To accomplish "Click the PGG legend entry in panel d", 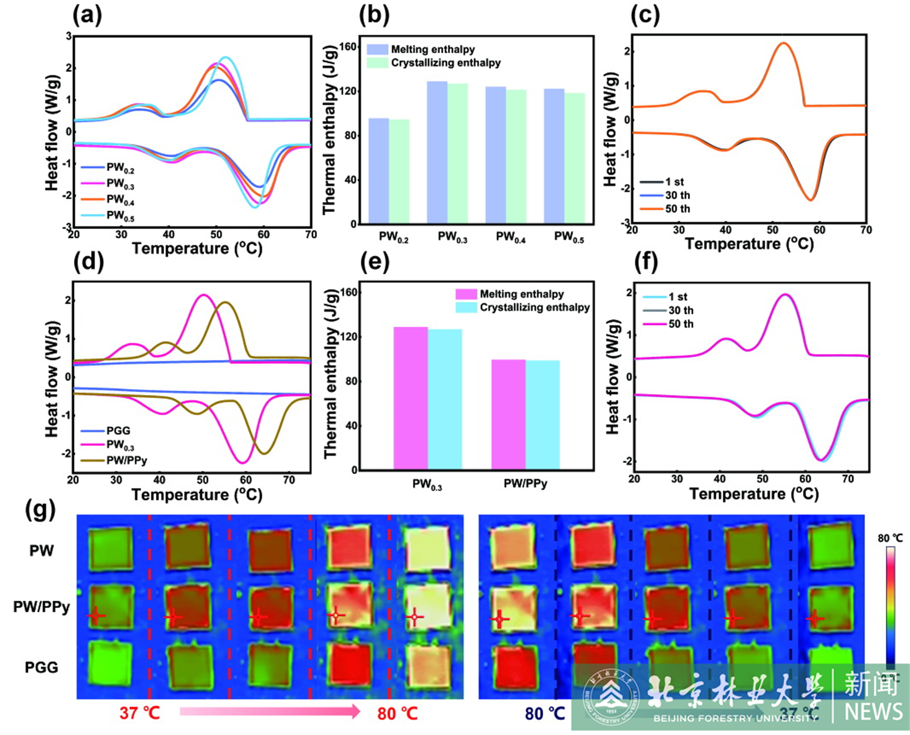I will (x=118, y=430).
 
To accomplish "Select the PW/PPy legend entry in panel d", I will (x=126, y=460).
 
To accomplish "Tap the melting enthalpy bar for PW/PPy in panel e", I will (x=508, y=415).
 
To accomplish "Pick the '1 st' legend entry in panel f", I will (x=678, y=297).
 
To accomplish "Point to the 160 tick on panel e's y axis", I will (x=347, y=292).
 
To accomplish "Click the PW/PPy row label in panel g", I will (x=41, y=607).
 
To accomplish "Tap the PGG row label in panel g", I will (x=41, y=667).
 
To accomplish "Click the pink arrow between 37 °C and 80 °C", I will (x=269, y=712).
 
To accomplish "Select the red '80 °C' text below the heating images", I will (x=397, y=713).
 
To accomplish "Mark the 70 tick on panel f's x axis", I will (x=848, y=479).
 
